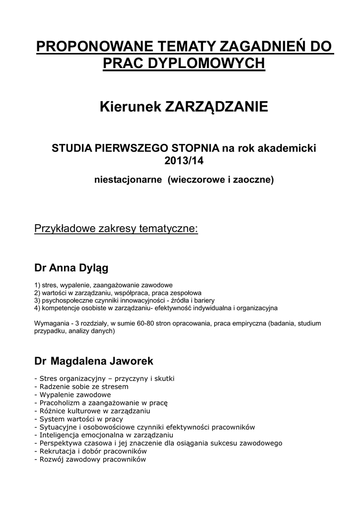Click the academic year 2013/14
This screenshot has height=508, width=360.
[184, 161]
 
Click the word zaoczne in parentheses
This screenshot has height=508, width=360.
[254, 180]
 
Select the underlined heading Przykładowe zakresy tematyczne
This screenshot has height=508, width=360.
[116, 229]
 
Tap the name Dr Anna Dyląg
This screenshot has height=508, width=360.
[71, 268]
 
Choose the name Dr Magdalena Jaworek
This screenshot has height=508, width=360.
[93, 361]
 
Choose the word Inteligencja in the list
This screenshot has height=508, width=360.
[60, 435]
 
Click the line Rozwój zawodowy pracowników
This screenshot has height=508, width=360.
[91, 459]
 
